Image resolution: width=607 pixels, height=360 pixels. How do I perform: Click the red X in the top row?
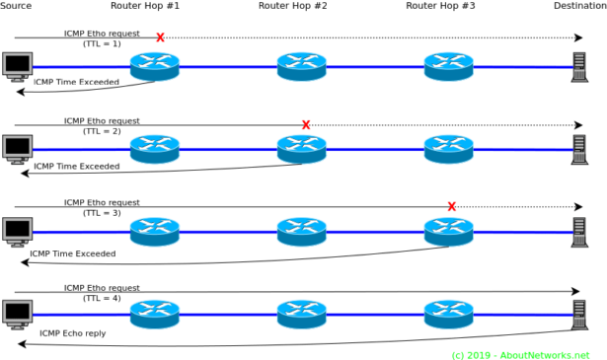click(x=160, y=38)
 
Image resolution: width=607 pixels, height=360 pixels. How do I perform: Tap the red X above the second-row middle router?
click(x=306, y=125)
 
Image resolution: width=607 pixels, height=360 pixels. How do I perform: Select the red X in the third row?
click(x=452, y=207)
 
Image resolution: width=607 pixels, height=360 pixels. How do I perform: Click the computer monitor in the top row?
click(x=18, y=66)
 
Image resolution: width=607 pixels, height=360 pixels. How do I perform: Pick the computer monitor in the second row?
click(x=18, y=149)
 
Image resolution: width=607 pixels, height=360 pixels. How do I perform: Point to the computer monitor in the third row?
click(x=18, y=231)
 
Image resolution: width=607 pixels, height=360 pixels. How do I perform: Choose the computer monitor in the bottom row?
click(x=18, y=314)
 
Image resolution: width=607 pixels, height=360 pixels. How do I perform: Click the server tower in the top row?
click(x=579, y=66)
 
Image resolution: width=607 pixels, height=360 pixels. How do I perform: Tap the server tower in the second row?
click(x=579, y=149)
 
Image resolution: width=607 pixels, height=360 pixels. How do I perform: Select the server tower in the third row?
click(x=579, y=232)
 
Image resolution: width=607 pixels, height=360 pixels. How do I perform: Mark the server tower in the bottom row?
click(x=579, y=314)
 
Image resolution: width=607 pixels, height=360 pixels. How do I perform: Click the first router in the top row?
click(x=155, y=66)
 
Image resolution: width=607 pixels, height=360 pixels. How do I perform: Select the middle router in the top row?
click(x=301, y=66)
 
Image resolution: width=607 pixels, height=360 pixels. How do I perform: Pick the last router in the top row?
click(x=448, y=66)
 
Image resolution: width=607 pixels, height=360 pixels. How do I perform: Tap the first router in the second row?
click(x=155, y=149)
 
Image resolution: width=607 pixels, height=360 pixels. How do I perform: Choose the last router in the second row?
click(x=448, y=149)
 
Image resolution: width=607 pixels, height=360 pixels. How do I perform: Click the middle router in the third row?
click(x=301, y=232)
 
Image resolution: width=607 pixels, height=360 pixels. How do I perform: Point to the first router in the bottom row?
click(x=155, y=314)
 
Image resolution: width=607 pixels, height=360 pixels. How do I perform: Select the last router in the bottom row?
click(x=448, y=314)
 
